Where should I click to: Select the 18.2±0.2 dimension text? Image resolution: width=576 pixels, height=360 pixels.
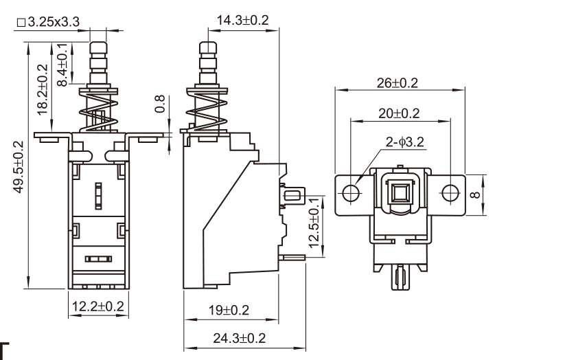click(43, 88)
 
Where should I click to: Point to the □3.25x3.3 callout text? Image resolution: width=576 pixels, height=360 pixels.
click(47, 23)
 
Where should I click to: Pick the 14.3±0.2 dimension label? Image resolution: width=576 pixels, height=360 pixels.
click(242, 21)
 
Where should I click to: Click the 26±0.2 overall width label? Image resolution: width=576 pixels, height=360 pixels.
click(398, 83)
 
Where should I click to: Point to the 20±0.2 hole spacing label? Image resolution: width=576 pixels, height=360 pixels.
click(399, 113)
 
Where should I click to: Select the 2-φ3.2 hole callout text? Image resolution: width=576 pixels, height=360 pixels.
click(405, 142)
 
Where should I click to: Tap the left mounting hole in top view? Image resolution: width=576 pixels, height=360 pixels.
click(351, 192)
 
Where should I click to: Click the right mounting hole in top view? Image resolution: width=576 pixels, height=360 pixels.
click(450, 192)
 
